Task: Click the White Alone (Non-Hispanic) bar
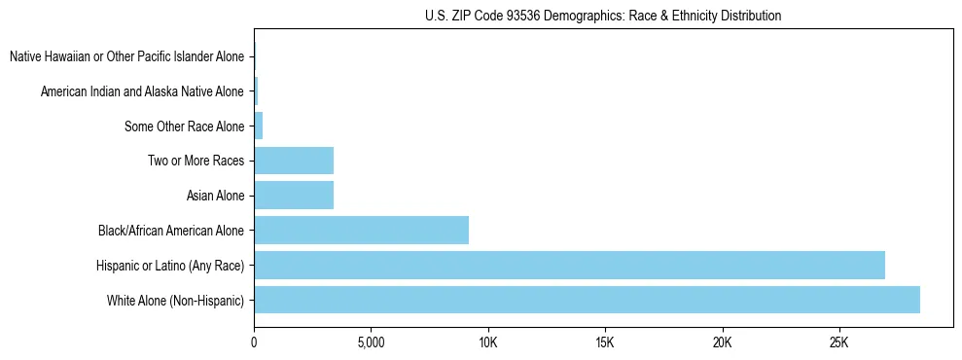(x=587, y=300)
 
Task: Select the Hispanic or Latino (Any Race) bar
(x=569, y=265)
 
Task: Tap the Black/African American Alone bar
(x=361, y=231)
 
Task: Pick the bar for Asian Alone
(x=294, y=196)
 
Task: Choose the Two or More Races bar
(x=294, y=161)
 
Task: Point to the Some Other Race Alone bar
(x=259, y=126)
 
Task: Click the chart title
(x=603, y=16)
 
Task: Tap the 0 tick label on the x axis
(x=254, y=342)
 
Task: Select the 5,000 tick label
(x=371, y=342)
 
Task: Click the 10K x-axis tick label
(x=487, y=342)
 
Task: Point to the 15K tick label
(x=605, y=342)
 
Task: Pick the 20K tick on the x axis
(x=722, y=342)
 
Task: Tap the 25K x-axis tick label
(x=838, y=342)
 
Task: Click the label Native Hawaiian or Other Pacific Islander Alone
(x=126, y=56)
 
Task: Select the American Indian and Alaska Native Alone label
(x=142, y=91)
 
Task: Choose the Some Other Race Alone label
(x=184, y=126)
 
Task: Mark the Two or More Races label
(x=196, y=161)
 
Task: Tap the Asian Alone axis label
(x=215, y=196)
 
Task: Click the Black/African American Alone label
(x=171, y=231)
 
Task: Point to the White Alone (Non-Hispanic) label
(x=175, y=301)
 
